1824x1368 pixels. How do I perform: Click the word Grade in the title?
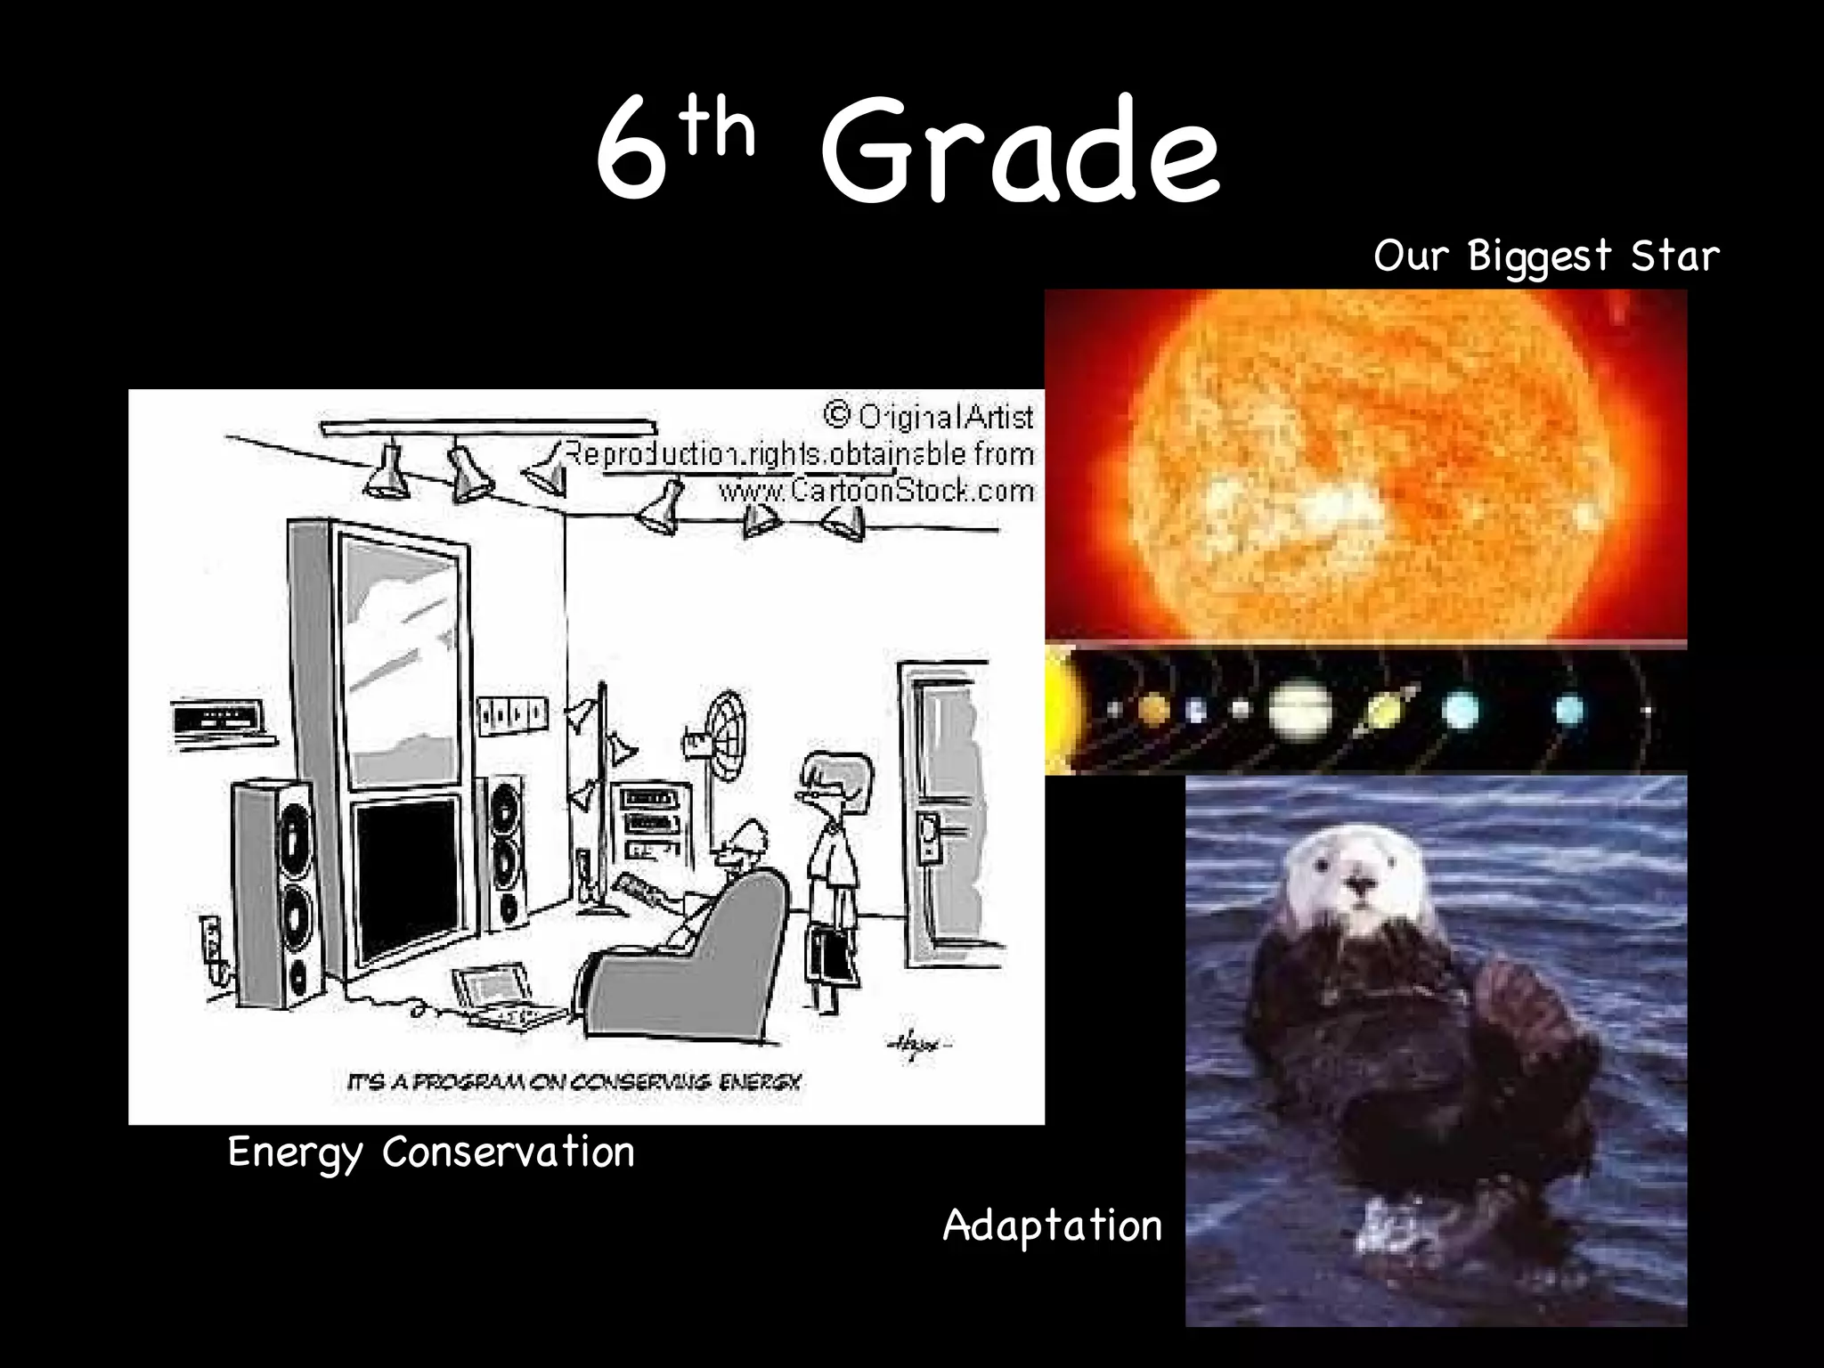(x=1019, y=151)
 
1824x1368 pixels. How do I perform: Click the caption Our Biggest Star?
(x=1546, y=256)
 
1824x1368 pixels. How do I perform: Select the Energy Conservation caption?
(x=431, y=1152)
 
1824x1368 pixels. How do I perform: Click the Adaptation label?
(x=1053, y=1225)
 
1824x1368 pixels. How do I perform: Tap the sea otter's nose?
(x=1360, y=883)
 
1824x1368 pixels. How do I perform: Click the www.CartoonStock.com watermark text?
(x=876, y=491)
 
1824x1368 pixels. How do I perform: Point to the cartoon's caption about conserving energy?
(x=574, y=1083)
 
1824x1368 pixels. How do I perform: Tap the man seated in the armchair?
(x=730, y=877)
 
